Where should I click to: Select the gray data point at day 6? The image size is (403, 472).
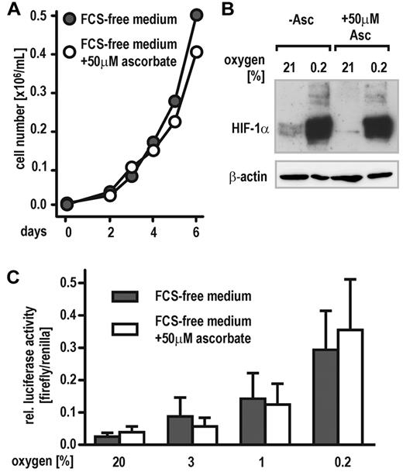196,16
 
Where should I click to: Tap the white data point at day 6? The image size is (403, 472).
196,52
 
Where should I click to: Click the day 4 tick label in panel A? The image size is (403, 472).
132,230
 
